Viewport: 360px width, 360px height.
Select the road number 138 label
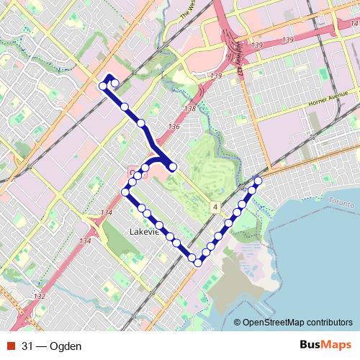[190, 109]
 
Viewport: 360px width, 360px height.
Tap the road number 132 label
[40, 297]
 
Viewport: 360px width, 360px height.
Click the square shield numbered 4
[215, 207]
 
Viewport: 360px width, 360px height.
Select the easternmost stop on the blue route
[258, 181]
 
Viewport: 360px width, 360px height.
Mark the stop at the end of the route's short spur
[173, 168]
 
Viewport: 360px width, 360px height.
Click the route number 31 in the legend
[28, 346]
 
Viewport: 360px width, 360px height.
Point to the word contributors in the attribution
[329, 323]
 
